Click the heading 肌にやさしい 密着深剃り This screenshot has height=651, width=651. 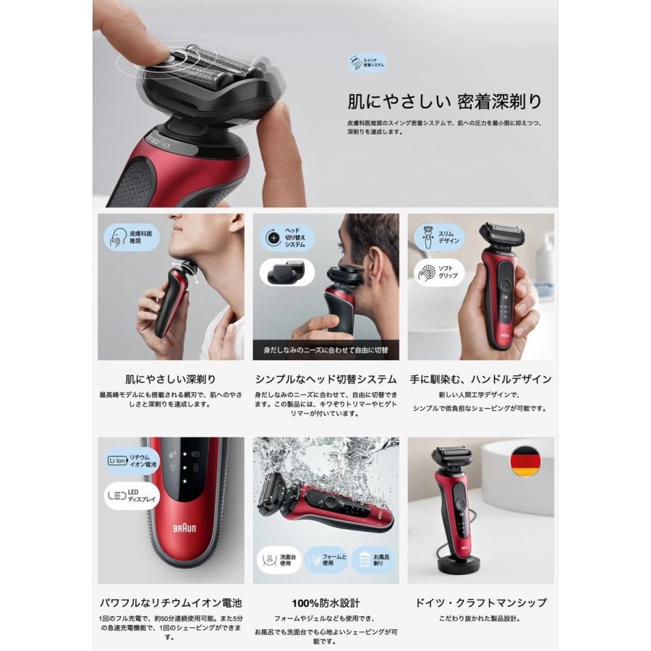444,100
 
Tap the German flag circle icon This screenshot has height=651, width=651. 524,461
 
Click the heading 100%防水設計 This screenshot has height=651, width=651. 325,603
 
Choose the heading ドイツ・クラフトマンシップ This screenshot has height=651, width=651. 480,603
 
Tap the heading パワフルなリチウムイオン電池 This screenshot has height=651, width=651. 171,603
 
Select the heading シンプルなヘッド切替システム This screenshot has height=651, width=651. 325,379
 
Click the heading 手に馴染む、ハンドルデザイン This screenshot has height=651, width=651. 480,379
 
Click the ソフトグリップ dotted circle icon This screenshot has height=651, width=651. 425,273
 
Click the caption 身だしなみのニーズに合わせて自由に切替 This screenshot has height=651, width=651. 325,351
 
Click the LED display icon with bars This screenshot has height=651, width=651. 116,495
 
